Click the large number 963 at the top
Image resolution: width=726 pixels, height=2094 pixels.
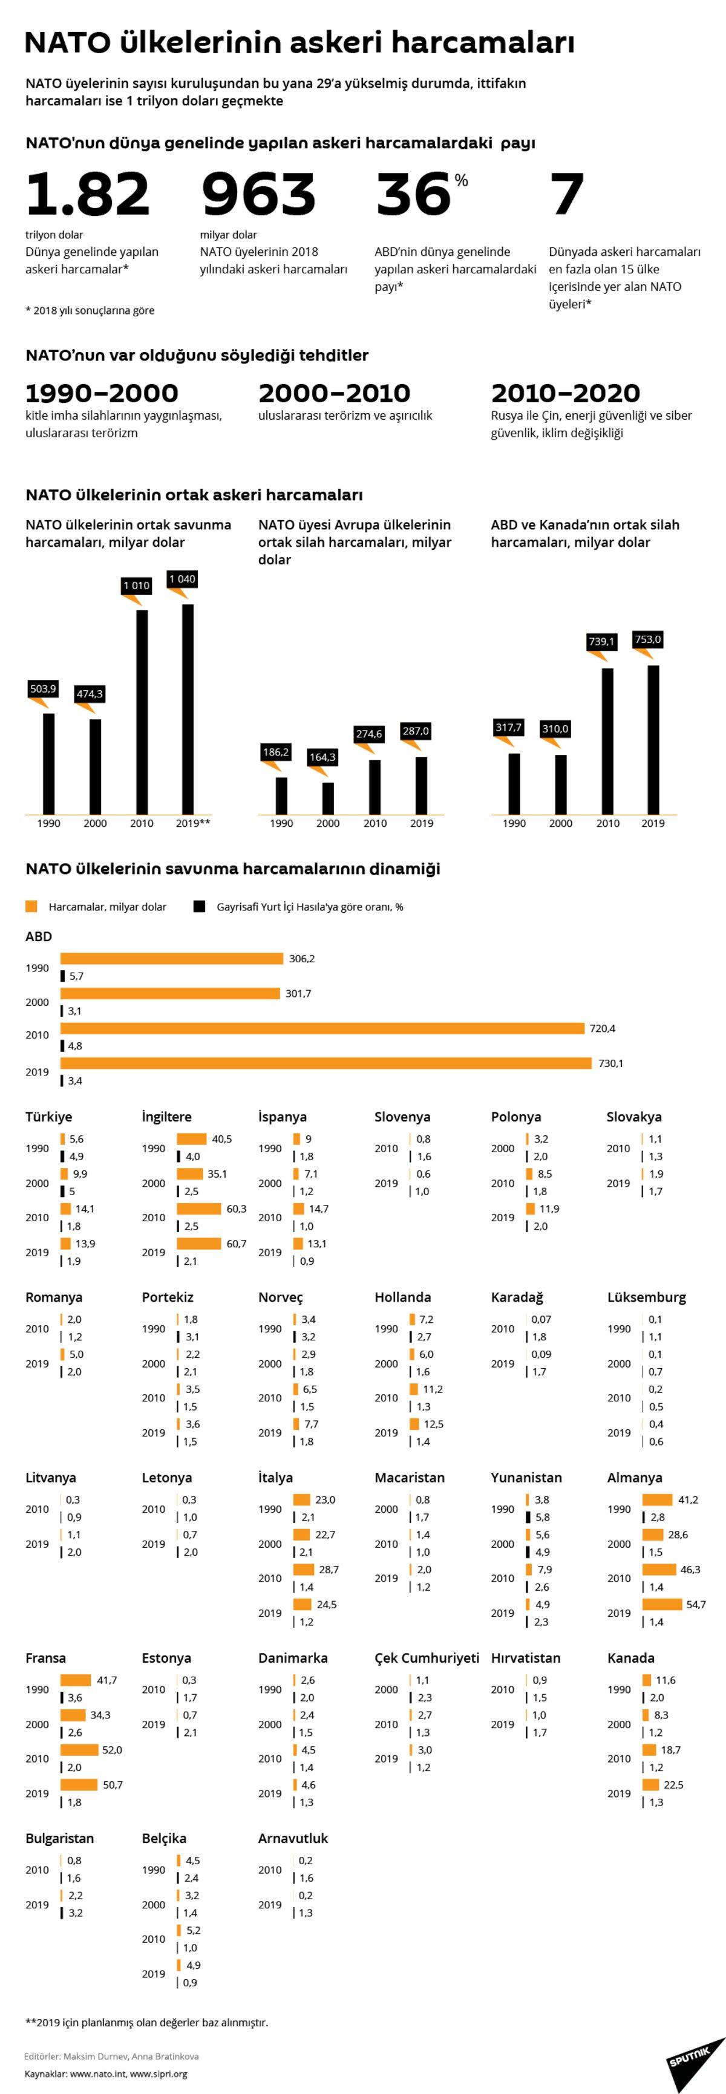pyautogui.click(x=258, y=194)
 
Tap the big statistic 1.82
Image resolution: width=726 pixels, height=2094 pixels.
pyautogui.click(x=88, y=194)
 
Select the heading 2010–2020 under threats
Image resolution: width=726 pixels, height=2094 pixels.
pyautogui.click(x=565, y=393)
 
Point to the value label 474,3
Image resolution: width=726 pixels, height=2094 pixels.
pyautogui.click(x=90, y=693)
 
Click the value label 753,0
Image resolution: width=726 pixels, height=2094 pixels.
pyautogui.click(x=648, y=640)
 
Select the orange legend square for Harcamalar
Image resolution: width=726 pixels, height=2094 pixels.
pyautogui.click(x=31, y=906)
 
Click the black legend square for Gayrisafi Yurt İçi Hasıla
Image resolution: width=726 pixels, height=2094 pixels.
pyautogui.click(x=199, y=906)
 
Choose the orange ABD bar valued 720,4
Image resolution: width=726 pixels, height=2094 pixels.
pyautogui.click(x=322, y=1028)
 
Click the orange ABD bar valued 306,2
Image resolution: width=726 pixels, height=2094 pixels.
pyautogui.click(x=172, y=959)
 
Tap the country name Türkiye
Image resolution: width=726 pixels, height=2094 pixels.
pyautogui.click(x=49, y=1117)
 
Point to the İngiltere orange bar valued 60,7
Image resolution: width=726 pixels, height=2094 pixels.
pyautogui.click(x=198, y=1244)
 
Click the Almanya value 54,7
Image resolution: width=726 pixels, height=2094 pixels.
pyautogui.click(x=696, y=1604)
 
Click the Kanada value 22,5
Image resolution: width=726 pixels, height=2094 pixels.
pyautogui.click(x=673, y=1785)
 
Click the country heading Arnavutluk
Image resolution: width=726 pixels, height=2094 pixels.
pyautogui.click(x=293, y=1839)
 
